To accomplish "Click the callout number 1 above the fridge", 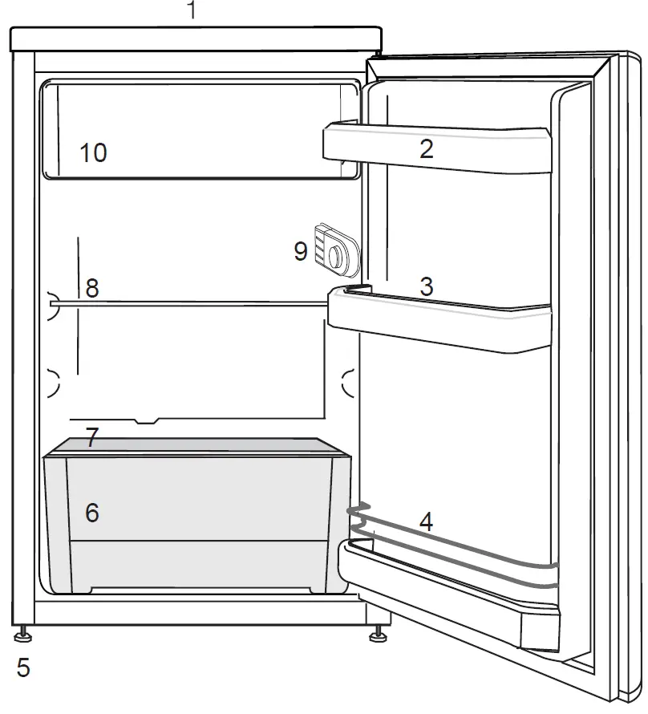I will click(x=190, y=11).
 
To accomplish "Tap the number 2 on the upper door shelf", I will click(x=426, y=148).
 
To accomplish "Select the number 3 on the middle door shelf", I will click(x=426, y=286).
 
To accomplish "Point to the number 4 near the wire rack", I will click(x=426, y=522).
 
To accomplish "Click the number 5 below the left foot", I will click(x=23, y=667).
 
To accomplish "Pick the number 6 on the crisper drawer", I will click(x=92, y=513).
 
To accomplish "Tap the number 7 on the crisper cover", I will click(x=92, y=438).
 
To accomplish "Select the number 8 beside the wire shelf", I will click(x=92, y=288).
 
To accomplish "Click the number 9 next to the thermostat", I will click(x=301, y=251).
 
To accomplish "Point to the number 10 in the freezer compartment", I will click(x=94, y=152).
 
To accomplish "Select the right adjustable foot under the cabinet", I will click(x=375, y=636).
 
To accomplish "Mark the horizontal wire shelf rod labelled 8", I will click(x=200, y=302).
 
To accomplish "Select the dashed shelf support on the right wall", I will click(x=348, y=383).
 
